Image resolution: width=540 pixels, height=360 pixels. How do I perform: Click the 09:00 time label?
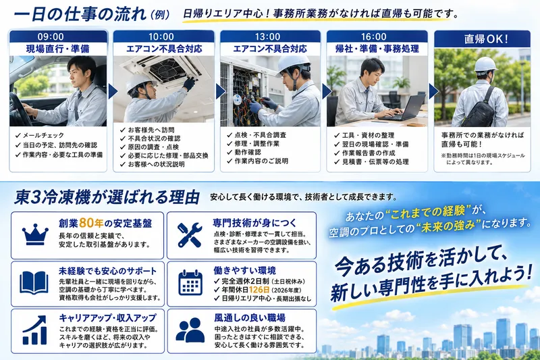coord(51,36)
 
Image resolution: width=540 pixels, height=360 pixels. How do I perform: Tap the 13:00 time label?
coord(267,36)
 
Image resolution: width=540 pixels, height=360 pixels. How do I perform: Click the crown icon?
coord(35,234)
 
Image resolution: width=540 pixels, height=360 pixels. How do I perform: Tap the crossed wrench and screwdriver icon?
coord(190,235)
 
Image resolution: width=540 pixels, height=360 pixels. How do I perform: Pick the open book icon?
coord(34,282)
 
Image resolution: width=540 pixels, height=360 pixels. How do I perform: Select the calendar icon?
coord(190,283)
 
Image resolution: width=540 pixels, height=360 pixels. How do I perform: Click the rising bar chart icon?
coord(34,330)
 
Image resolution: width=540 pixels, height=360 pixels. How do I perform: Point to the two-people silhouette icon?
coord(190,330)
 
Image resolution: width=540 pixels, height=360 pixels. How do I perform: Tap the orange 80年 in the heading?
coord(91,224)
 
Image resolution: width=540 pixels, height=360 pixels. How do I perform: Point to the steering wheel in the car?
coord(19,110)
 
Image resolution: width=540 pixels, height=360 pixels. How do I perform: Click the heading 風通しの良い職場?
coord(250,317)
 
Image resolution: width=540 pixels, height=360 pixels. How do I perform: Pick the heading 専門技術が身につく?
coord(254,223)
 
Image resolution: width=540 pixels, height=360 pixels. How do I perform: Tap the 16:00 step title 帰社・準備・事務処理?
coord(377,49)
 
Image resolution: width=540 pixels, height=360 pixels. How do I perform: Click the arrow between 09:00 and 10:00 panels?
coord(113,91)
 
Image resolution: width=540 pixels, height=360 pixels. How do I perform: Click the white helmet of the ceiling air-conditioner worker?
coord(139,83)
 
